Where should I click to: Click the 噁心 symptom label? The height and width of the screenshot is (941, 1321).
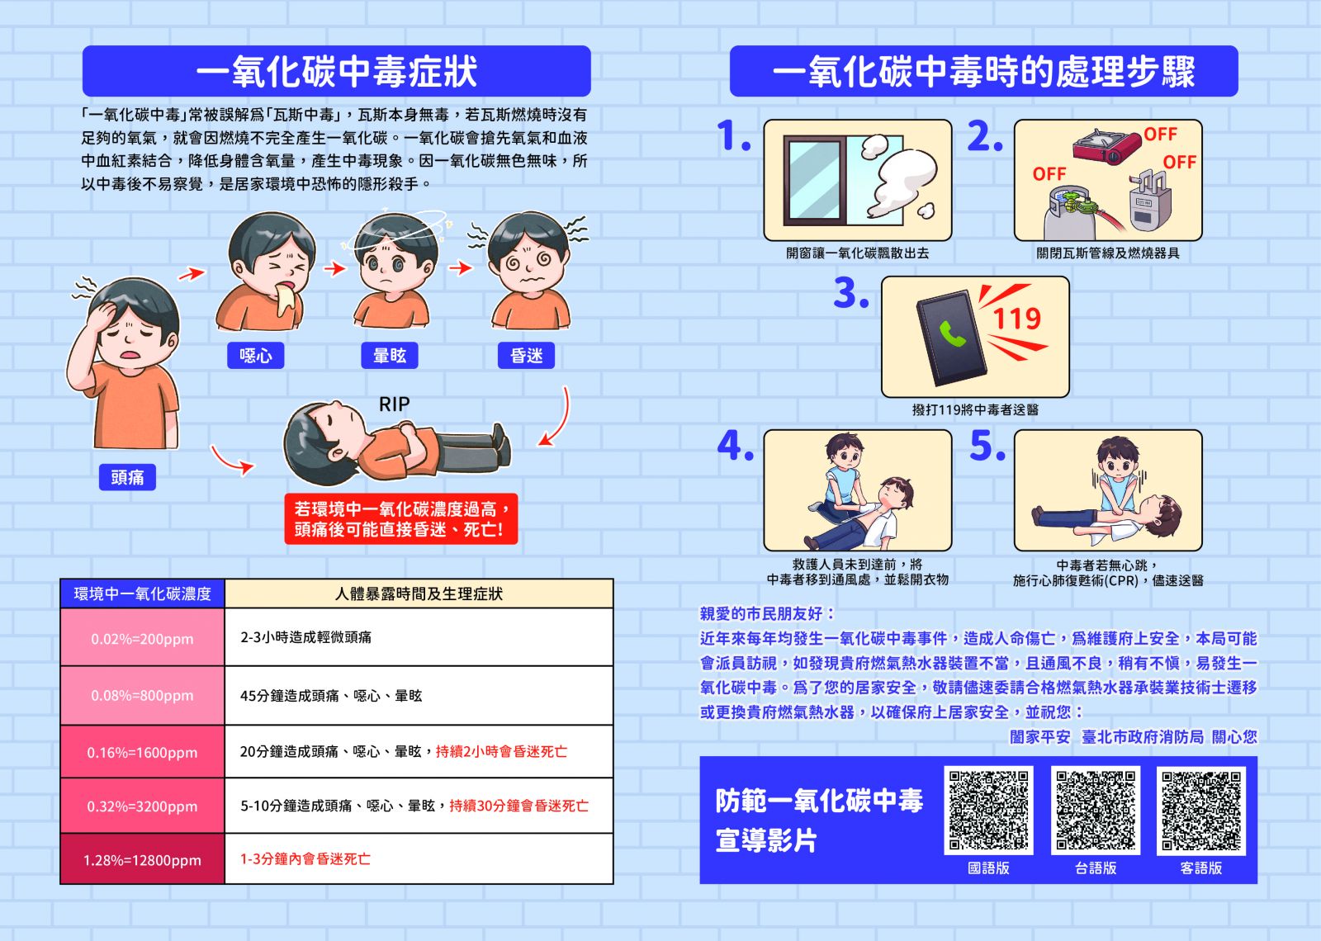pyautogui.click(x=256, y=356)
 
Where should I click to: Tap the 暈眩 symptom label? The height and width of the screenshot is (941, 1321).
pyautogui.click(x=390, y=356)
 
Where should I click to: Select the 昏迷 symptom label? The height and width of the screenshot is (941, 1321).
pyautogui.click(x=527, y=356)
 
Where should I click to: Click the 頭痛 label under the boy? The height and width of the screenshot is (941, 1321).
pyautogui.click(x=127, y=477)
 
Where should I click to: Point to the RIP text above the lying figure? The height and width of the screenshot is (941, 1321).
pyautogui.click(x=394, y=404)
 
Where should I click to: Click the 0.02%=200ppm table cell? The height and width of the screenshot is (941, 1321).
pyautogui.click(x=142, y=638)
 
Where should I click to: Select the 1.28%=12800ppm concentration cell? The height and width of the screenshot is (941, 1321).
pyautogui.click(x=142, y=859)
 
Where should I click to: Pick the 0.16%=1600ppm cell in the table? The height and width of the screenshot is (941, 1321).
pyautogui.click(x=142, y=752)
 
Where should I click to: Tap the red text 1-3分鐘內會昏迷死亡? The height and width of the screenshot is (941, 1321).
pyautogui.click(x=305, y=859)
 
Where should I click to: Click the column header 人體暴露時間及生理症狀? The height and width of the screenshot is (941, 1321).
pyautogui.click(x=419, y=593)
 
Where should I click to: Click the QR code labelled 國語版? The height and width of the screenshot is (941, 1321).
pyautogui.click(x=988, y=811)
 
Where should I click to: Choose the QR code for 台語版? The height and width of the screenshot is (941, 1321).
pyautogui.click(x=1096, y=811)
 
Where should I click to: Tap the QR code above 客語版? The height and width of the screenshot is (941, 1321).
pyautogui.click(x=1201, y=811)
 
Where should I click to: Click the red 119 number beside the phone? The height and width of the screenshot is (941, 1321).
pyautogui.click(x=1016, y=319)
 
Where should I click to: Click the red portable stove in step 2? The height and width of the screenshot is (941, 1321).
pyautogui.click(x=1106, y=147)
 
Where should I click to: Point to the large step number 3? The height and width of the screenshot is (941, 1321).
pyautogui.click(x=850, y=294)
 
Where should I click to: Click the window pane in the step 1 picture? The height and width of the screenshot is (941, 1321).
pyautogui.click(x=813, y=181)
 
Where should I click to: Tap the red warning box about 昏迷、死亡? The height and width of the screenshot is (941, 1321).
pyautogui.click(x=400, y=519)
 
